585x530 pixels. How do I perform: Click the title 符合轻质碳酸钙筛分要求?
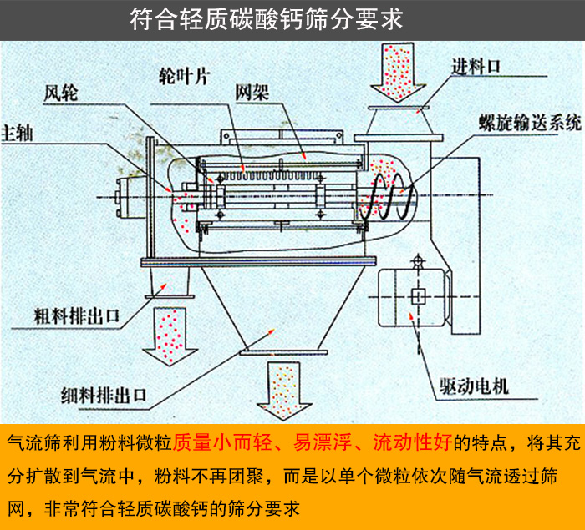point(267,20)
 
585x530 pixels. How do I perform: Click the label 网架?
point(251,90)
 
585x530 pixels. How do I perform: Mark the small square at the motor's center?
point(418,295)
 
